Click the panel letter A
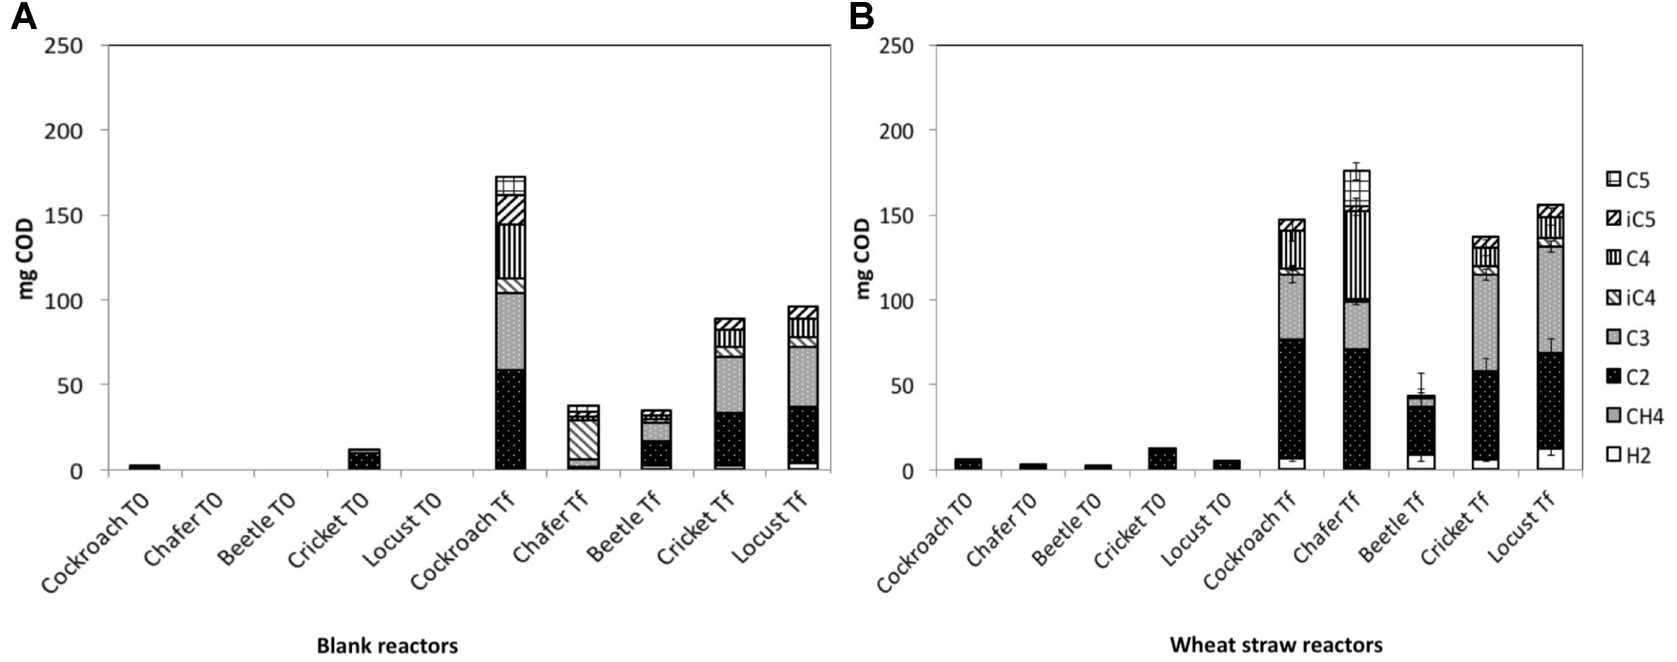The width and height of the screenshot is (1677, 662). pos(23,16)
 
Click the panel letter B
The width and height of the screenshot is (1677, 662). pos(861,16)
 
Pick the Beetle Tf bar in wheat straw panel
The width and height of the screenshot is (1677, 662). pos(1421,433)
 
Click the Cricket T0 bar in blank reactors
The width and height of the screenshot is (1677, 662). pos(364,459)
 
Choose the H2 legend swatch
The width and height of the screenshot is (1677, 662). pos(1613,456)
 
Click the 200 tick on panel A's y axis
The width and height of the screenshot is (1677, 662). pos(64,131)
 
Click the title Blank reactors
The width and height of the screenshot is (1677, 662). pos(387,646)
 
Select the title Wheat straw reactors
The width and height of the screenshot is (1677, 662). pos(1275,644)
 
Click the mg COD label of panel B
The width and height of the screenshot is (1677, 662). pos(863,258)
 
